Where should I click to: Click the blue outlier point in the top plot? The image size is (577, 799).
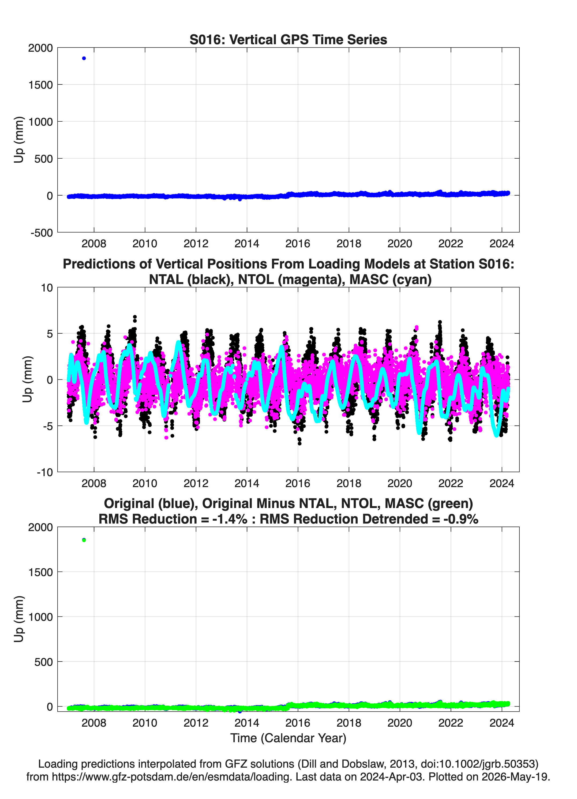[x=84, y=58]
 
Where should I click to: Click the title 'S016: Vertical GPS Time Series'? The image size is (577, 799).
[x=288, y=39]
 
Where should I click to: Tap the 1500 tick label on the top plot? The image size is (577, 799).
[x=40, y=85]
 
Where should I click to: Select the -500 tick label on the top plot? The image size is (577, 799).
[x=42, y=233]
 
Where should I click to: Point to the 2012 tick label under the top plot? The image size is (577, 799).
[x=196, y=244]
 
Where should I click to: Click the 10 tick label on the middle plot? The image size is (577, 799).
[x=47, y=288]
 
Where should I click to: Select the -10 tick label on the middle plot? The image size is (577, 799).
[x=45, y=472]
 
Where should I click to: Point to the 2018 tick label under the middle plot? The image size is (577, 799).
[x=349, y=483]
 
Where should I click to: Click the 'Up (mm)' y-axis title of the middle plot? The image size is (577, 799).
[x=28, y=379]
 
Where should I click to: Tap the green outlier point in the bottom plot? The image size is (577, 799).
[x=84, y=540]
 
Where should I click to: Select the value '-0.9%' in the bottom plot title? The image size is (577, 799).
[x=461, y=519]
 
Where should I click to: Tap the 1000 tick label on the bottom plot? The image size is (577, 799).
[x=40, y=617]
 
